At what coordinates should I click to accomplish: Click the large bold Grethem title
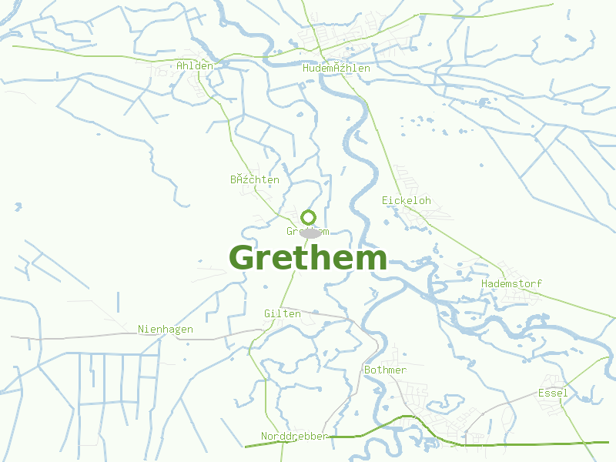(x=308, y=258)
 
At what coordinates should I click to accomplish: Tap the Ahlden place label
(x=194, y=66)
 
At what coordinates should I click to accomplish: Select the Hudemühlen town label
(x=336, y=69)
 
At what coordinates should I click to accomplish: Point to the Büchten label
(x=254, y=180)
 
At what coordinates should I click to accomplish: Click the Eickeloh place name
(x=406, y=201)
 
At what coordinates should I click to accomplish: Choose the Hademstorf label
(x=511, y=284)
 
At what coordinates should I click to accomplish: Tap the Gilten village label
(x=282, y=314)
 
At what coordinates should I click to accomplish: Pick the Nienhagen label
(x=166, y=330)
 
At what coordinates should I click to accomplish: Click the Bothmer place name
(x=385, y=370)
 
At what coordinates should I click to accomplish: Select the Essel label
(x=552, y=393)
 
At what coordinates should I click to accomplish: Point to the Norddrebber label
(x=294, y=437)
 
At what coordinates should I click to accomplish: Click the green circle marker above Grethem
(x=309, y=217)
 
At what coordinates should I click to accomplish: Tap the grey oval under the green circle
(x=310, y=233)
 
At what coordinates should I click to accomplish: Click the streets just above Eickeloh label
(x=406, y=182)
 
